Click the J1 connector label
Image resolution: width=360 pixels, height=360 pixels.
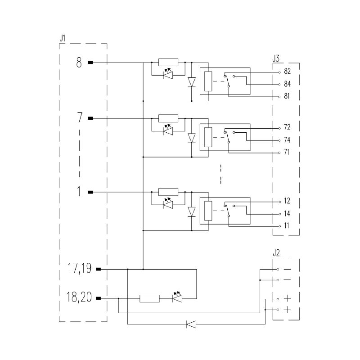63,38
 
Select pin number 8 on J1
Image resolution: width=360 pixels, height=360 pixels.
79,63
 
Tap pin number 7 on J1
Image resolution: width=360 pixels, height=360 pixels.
80,117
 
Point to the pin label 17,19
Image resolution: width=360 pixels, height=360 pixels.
79,268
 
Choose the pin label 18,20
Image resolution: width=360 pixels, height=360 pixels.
79,297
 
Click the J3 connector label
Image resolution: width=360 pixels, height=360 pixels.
276,58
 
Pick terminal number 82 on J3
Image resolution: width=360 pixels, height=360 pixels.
287,71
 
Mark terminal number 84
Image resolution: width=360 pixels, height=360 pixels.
287,84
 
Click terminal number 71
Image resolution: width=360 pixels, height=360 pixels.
286,152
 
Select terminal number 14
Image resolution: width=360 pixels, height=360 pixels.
287,213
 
